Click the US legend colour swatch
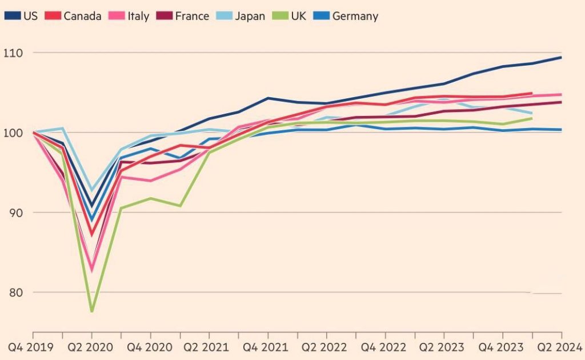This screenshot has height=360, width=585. [13, 15]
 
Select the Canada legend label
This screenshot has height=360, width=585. [82, 16]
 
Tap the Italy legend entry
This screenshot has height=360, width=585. [129, 16]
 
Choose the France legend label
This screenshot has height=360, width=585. [192, 16]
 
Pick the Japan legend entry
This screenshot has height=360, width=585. [241, 16]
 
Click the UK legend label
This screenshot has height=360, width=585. [298, 16]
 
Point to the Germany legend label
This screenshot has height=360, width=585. [355, 16]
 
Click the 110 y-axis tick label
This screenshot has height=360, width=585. [13, 53]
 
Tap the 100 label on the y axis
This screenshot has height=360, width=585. [13, 133]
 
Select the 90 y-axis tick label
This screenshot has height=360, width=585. [15, 213]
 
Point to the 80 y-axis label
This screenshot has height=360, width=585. [15, 293]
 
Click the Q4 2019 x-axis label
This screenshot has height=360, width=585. [31, 347]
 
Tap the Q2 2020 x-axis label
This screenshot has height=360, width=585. [90, 347]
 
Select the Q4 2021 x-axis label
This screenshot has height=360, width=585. [265, 347]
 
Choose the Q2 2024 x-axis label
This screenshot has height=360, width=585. [560, 347]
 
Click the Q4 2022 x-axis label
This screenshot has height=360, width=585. [383, 347]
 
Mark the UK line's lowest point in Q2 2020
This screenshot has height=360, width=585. [92, 311]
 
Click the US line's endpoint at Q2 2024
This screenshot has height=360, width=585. [561, 58]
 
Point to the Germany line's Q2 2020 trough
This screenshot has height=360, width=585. [92, 219]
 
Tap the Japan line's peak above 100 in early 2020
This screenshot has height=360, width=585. [62, 129]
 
